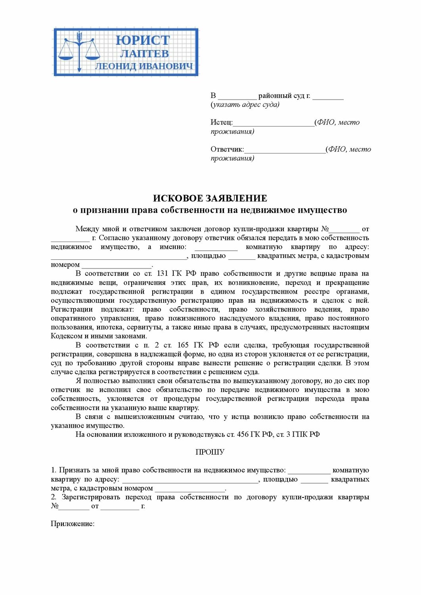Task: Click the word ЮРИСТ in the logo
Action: click(x=143, y=40)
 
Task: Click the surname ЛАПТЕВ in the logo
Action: click(x=144, y=54)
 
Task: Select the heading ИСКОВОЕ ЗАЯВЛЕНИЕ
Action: click(x=210, y=198)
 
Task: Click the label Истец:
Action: click(x=222, y=123)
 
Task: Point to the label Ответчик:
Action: click(x=227, y=150)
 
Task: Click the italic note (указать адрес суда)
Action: click(x=245, y=105)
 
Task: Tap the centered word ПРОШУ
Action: click(x=210, y=452)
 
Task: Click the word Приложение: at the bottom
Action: click(x=73, y=524)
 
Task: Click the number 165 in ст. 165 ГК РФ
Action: click(x=183, y=345)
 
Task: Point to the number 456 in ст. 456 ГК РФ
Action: click(x=243, y=435)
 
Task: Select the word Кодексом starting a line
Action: click(x=66, y=336)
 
